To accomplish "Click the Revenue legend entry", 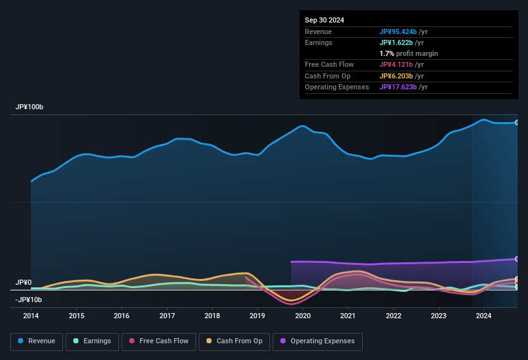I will [37, 341].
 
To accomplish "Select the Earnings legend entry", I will [93, 341].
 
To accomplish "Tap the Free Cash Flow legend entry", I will [159, 341].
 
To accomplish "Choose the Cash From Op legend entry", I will [235, 341].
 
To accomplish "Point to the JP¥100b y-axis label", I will [29, 107].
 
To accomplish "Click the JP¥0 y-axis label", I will [23, 283].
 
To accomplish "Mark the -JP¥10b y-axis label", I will [28, 300].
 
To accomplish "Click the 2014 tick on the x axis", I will [31, 316].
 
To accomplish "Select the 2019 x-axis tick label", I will [257, 316].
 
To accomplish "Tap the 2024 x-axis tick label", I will [484, 316].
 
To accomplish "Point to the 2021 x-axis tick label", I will [348, 316].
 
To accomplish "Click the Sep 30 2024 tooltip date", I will [324, 20].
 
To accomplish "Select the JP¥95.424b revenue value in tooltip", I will [403, 32].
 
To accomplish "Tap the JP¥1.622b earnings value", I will [401, 42].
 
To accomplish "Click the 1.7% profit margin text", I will [408, 53].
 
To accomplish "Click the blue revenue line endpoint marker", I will [517, 122].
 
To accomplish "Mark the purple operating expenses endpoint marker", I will [517, 258].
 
